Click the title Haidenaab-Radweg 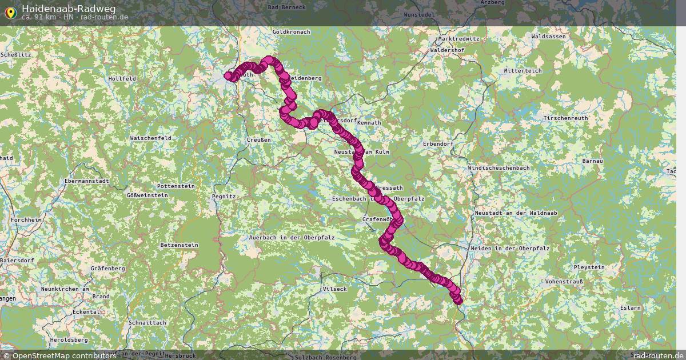click(69, 8)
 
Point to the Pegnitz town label click(224, 196)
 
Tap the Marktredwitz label click(457, 38)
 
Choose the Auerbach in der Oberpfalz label click(292, 237)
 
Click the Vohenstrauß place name click(564, 282)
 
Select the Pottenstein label click(176, 186)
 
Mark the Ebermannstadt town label click(86, 181)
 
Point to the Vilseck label click(335, 289)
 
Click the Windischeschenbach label click(498, 168)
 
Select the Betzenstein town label click(179, 245)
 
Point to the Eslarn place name click(631, 307)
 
